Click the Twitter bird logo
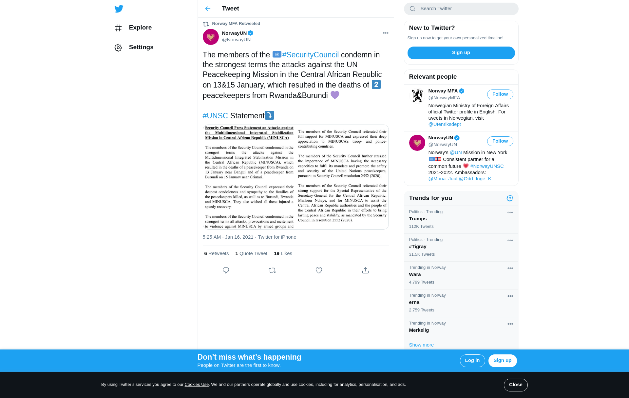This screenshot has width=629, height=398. pyautogui.click(x=119, y=9)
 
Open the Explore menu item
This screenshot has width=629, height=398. pyautogui.click(x=140, y=28)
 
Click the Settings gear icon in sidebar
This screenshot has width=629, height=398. pyautogui.click(x=118, y=48)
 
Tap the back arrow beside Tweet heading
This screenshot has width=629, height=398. pyautogui.click(x=208, y=9)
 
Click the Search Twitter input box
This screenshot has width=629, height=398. pyautogui.click(x=465, y=9)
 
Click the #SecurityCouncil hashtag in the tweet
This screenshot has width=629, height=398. pyautogui.click(x=310, y=55)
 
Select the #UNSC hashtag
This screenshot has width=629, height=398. pyautogui.click(x=215, y=116)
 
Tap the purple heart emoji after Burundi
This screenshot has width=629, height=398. pyautogui.click(x=334, y=95)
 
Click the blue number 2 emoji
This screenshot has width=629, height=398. pyautogui.click(x=376, y=85)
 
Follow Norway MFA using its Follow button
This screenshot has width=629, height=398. pyautogui.click(x=500, y=94)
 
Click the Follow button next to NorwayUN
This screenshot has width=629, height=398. pyautogui.click(x=500, y=141)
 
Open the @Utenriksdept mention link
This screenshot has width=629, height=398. pyautogui.click(x=444, y=124)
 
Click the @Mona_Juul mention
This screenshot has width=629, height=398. pyautogui.click(x=443, y=179)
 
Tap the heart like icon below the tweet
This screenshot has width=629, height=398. pyautogui.click(x=319, y=270)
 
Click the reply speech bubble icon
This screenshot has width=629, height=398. pyautogui.click(x=226, y=270)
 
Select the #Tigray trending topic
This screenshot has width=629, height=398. pyautogui.click(x=418, y=247)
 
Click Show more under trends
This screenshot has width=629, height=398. pyautogui.click(x=421, y=345)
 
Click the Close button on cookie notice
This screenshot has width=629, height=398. pyautogui.click(x=515, y=385)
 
